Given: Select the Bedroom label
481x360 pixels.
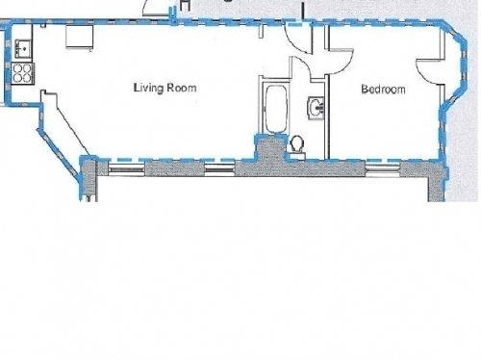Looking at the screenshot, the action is click(x=383, y=89).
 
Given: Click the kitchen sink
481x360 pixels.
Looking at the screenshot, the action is click(x=23, y=48).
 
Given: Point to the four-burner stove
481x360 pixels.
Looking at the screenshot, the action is click(x=22, y=73).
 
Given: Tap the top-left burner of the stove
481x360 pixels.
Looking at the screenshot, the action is click(x=17, y=68).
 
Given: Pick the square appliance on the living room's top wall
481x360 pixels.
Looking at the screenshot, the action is click(x=80, y=38).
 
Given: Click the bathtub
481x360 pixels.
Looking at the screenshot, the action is click(x=275, y=109).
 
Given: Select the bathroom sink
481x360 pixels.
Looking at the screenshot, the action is click(x=316, y=108).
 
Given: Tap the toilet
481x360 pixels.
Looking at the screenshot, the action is click(x=297, y=146).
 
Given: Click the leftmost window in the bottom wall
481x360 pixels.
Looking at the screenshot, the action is click(x=126, y=168).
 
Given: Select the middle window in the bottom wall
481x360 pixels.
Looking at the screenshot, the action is click(x=220, y=168).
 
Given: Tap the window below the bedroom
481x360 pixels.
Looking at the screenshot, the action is click(x=383, y=168).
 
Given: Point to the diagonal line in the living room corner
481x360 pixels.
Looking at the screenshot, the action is click(x=73, y=131).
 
